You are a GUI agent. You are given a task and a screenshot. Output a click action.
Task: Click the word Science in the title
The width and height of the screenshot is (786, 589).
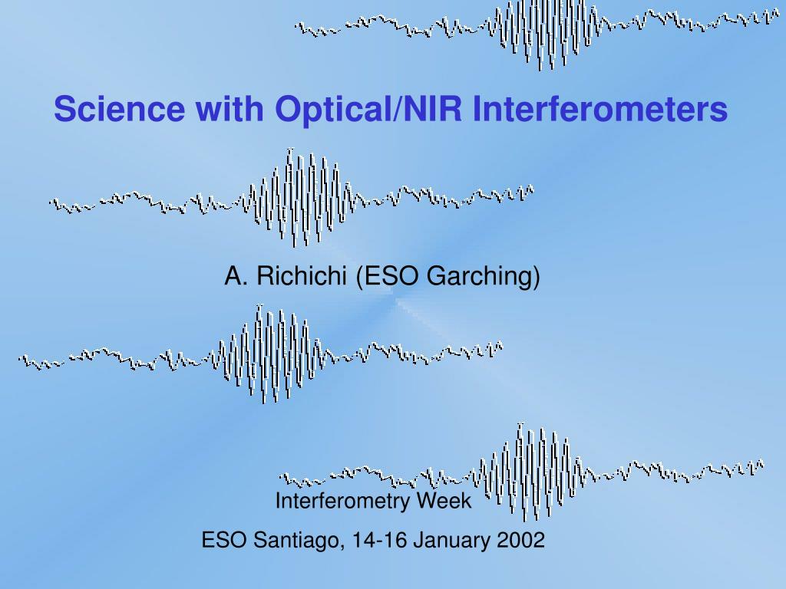(x=119, y=109)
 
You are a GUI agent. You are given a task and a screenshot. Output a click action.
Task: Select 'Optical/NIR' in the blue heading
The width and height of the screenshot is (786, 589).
(x=369, y=109)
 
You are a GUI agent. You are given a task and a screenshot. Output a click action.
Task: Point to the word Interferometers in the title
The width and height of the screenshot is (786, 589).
(x=599, y=109)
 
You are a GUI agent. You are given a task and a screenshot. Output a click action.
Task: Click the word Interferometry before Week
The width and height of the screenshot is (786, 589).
(x=345, y=502)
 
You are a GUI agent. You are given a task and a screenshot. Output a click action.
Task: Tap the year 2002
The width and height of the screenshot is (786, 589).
(x=520, y=541)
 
